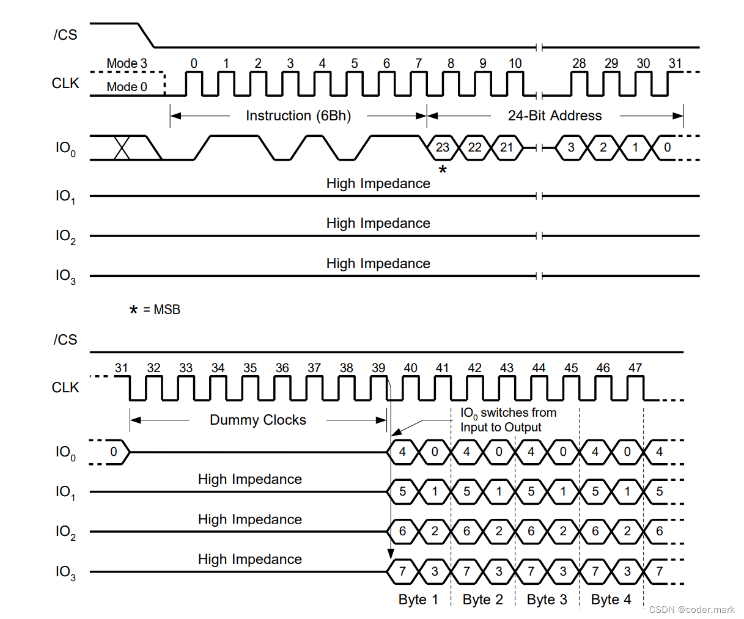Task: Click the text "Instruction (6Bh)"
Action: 298,115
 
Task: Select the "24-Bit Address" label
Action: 554,115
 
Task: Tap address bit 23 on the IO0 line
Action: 443,147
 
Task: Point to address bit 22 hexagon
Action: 475,147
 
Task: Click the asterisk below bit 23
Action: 443,170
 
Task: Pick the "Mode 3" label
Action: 127,64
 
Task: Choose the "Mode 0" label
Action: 127,87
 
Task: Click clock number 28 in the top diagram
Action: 579,64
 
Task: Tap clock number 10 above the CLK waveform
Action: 515,64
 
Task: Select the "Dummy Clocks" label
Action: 257,420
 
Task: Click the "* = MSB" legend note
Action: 155,310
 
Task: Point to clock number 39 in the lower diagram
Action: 378,368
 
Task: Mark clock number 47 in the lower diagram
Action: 635,368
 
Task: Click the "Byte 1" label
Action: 418,599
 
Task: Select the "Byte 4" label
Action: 611,599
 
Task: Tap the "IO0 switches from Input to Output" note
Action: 507,420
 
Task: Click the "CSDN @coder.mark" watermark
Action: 691,609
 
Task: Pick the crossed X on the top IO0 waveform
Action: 122,147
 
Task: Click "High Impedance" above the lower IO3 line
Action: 249,559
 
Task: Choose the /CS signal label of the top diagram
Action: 65,35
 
